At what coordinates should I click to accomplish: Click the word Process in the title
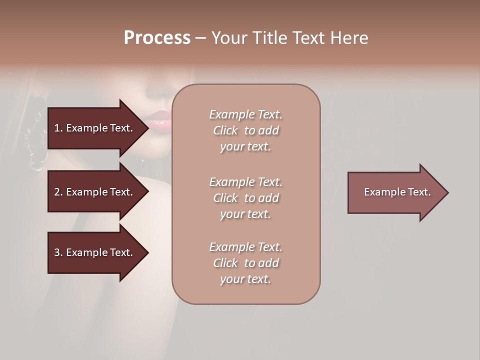[x=157, y=37]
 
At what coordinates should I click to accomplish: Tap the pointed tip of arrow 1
[x=147, y=128]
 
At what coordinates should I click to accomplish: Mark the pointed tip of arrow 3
[x=147, y=252]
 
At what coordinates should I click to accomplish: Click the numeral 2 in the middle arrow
[x=56, y=192]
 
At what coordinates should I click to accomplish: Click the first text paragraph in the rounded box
[x=245, y=130]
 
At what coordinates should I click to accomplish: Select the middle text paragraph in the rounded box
[x=245, y=198]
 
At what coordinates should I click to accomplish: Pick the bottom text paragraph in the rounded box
[x=245, y=263]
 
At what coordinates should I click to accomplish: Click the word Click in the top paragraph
[x=225, y=130]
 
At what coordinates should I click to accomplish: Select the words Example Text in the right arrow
[x=397, y=192]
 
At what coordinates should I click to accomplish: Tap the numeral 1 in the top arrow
[x=56, y=128]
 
